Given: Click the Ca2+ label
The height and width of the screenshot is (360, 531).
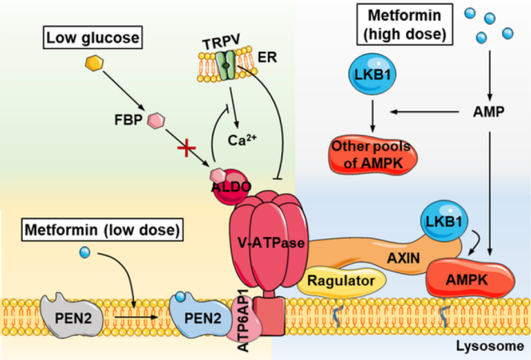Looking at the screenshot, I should point(239,138).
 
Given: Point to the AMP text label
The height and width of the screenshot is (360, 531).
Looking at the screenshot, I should point(490,111).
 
